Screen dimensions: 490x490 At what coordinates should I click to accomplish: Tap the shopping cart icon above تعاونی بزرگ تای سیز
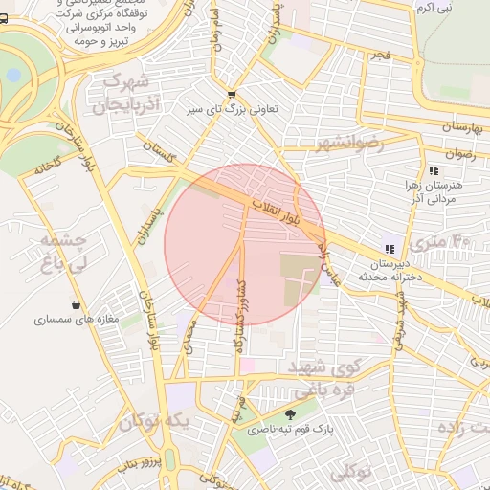[232, 94]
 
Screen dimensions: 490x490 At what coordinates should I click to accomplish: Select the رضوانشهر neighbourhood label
[348, 144]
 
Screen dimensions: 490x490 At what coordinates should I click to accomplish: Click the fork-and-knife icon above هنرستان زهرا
[434, 168]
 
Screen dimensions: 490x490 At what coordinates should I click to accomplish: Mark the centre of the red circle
[245, 245]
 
